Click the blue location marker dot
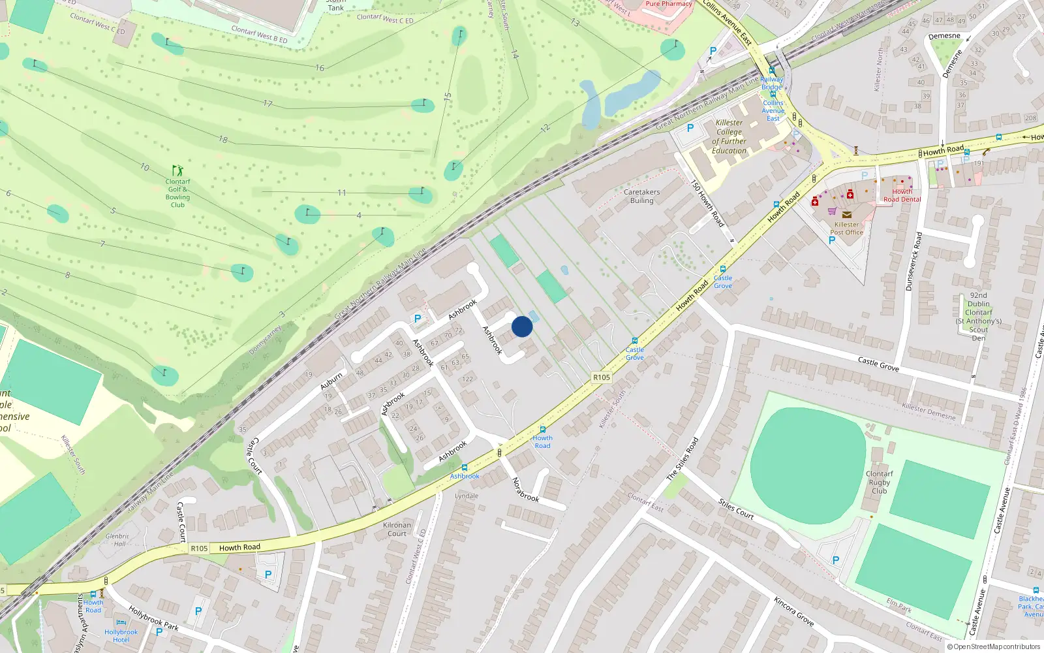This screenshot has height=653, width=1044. click(x=522, y=326)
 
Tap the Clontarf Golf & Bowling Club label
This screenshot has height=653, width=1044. click(x=177, y=193)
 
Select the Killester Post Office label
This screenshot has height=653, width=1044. click(x=846, y=228)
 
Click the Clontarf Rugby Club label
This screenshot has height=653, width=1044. click(x=879, y=482)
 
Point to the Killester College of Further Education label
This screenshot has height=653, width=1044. click(x=729, y=136)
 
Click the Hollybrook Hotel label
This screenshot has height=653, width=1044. click(x=121, y=635)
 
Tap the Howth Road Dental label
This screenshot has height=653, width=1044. click(x=902, y=195)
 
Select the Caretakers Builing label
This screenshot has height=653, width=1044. click(x=641, y=196)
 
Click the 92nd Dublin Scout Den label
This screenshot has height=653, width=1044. click(x=978, y=317)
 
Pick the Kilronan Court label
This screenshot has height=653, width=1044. click(x=397, y=529)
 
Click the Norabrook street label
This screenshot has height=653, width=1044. click(x=525, y=490)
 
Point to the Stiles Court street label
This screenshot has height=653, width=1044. click(x=736, y=509)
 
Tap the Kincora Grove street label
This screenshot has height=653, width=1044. click(x=793, y=611)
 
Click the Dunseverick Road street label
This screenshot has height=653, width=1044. click(x=913, y=261)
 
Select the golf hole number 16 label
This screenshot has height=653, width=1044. click(x=320, y=68)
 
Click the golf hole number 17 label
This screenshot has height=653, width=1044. click(x=268, y=104)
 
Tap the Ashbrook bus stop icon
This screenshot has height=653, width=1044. click(x=465, y=468)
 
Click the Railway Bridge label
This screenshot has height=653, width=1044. click(x=771, y=83)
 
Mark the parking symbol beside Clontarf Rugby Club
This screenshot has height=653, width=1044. click(x=836, y=560)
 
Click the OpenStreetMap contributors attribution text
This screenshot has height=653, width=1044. click(x=993, y=646)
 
